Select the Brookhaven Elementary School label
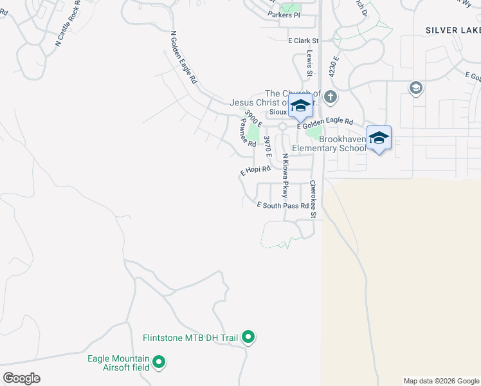[329, 143]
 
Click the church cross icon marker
[331, 98]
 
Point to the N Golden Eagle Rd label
[183, 58]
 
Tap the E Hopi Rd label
[255, 170]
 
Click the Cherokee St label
[313, 199]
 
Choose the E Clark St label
[304, 41]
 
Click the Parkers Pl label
[284, 15]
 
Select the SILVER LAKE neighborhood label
[453, 30]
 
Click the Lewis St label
[309, 64]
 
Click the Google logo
[21, 378]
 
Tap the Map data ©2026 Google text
[441, 381]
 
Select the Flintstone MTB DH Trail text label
[190, 337]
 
